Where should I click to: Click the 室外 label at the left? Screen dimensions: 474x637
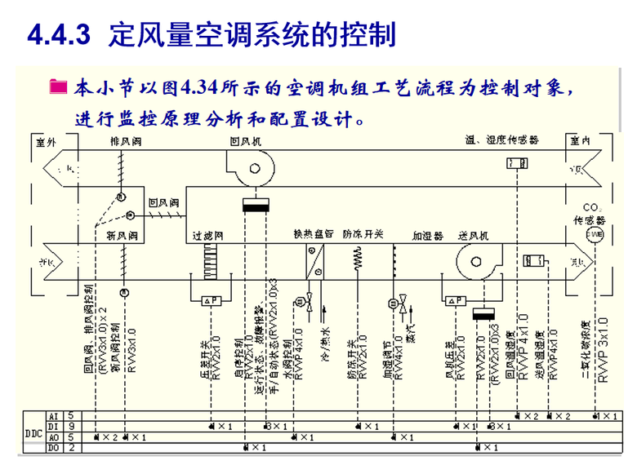(47, 141)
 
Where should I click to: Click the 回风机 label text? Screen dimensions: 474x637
(245, 141)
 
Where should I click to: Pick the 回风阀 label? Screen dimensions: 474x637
(162, 201)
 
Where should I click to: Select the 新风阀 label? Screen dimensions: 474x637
(121, 236)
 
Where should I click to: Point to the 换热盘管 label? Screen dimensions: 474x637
(314, 235)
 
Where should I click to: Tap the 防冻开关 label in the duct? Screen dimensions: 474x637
(363, 235)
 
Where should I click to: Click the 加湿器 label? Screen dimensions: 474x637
(427, 236)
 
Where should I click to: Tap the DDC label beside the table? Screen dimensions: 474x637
(33, 432)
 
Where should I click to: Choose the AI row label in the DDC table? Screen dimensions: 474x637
(55, 416)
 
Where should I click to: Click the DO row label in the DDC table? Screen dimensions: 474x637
(55, 448)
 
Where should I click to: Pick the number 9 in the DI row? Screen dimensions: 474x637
(71, 427)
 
